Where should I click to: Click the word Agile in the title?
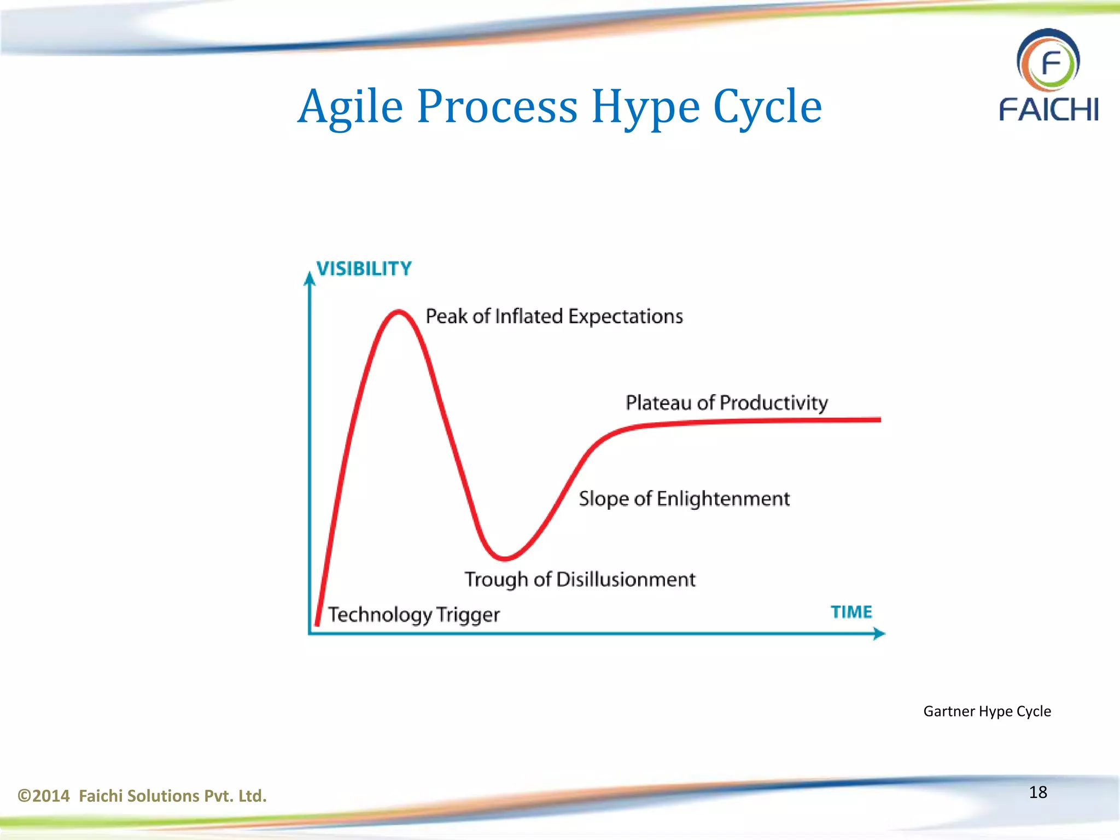coord(350,107)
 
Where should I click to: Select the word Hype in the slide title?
coord(645,107)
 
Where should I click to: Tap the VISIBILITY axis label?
coord(364,269)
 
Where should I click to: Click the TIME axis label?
coord(851,611)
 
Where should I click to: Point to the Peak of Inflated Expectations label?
coord(554,317)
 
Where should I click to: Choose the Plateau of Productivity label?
coord(726,403)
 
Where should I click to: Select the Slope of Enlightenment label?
coord(684,499)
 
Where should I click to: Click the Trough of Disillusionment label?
coord(580,580)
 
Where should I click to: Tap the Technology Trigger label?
coord(413,615)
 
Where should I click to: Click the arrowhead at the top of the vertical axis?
coord(310,279)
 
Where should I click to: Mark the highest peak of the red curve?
coord(399,312)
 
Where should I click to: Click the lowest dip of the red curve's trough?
coord(504,558)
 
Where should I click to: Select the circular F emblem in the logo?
coord(1048,62)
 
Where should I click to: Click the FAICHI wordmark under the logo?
coord(1048,109)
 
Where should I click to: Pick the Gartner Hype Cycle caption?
coord(987,711)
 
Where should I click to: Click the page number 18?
coord(1037,792)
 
